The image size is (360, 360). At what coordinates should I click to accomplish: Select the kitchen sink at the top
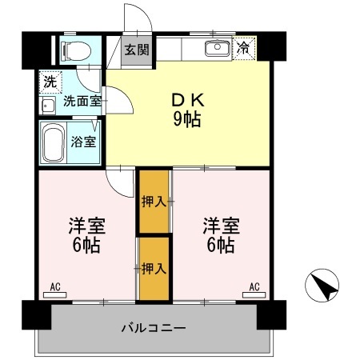(x=217, y=49)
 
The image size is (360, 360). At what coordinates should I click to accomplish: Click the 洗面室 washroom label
(x=82, y=101)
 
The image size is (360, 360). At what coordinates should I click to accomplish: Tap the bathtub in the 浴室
(x=54, y=143)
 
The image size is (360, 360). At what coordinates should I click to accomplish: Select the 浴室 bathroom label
(x=84, y=143)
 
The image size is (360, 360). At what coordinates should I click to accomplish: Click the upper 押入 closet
(x=154, y=200)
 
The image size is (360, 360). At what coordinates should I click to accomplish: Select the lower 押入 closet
(x=154, y=268)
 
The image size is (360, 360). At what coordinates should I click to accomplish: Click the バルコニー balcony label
(x=154, y=328)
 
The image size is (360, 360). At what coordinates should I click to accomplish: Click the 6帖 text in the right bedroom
(x=218, y=245)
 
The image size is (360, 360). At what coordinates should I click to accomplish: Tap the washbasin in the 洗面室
(x=46, y=105)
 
